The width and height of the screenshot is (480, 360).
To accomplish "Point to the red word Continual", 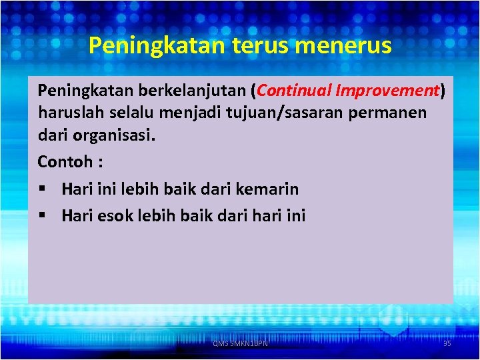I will pyautogui.click(x=292, y=90).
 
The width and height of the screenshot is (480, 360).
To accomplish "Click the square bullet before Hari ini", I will pyautogui.click(x=42, y=189).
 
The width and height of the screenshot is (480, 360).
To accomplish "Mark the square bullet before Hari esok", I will pyautogui.click(x=42, y=215).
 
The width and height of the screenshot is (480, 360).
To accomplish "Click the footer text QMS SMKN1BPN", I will pyautogui.click(x=239, y=343).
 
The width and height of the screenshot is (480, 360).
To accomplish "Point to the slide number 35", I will pyautogui.click(x=447, y=343).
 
